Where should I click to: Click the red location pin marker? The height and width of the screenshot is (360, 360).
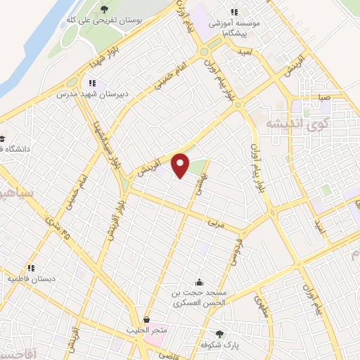click(x=181, y=165)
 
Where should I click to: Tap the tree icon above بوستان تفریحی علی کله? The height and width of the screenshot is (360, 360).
click(x=104, y=9)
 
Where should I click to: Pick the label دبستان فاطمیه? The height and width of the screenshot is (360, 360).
click(x=31, y=278)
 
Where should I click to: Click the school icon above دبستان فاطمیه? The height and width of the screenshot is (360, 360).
click(x=31, y=267)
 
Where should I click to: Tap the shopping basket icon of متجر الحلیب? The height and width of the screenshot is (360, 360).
click(x=146, y=320)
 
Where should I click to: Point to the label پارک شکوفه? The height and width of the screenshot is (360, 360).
click(x=219, y=346)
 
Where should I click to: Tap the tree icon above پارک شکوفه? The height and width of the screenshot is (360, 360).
click(x=219, y=334)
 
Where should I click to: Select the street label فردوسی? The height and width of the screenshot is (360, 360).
click(x=233, y=254)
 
